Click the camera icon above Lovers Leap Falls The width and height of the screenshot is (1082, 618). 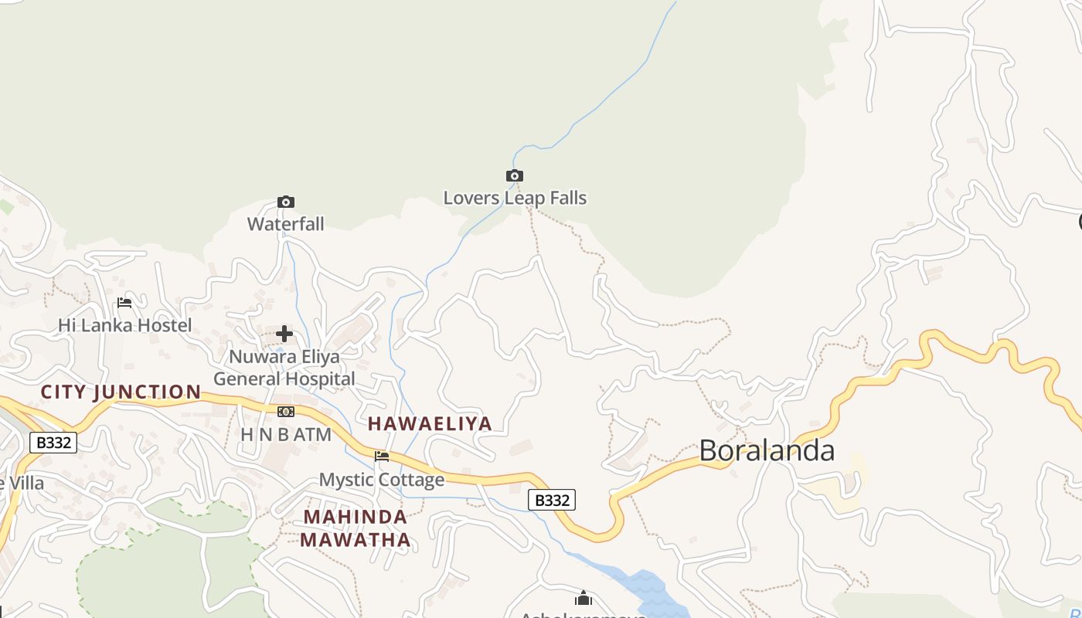[515, 176]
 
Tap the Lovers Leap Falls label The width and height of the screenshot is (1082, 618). [515, 198]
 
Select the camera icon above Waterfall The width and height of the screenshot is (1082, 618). [286, 202]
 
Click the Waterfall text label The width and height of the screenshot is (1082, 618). [286, 224]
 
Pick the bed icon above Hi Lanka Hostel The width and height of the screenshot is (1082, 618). [124, 303]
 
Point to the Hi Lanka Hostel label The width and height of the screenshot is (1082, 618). [125, 325]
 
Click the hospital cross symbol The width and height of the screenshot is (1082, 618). [284, 334]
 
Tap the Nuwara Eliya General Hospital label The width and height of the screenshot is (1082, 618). [284, 368]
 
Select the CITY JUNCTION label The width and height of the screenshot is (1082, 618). [121, 392]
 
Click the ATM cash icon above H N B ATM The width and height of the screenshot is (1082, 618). [286, 412]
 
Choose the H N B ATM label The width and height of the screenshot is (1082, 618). [286, 434]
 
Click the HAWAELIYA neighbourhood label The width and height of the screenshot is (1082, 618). [430, 423]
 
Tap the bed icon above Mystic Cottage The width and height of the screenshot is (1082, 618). [382, 457]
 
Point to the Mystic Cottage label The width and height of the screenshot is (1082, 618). [382, 480]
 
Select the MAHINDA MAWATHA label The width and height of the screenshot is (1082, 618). [356, 528]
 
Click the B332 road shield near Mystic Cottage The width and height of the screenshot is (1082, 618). [552, 500]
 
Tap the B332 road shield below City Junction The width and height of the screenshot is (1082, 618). [53, 443]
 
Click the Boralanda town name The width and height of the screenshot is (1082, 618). [767, 450]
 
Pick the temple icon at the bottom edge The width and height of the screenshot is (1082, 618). [584, 599]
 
